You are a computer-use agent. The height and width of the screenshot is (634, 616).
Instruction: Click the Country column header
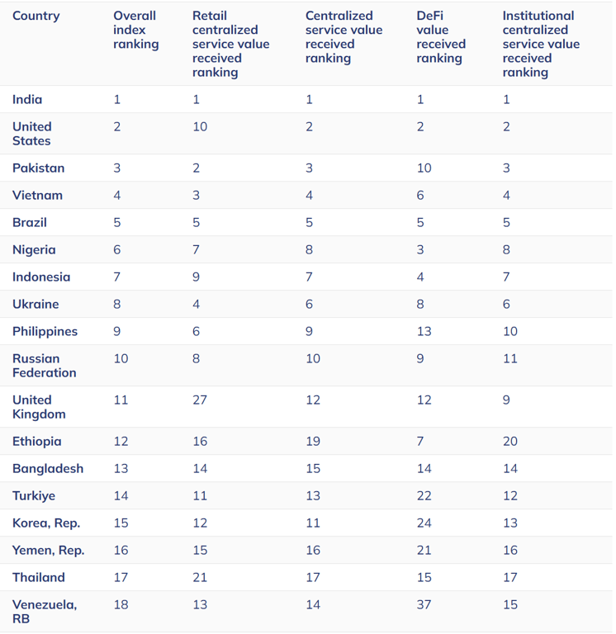[36, 16]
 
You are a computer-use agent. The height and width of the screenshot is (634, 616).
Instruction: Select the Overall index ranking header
[135, 30]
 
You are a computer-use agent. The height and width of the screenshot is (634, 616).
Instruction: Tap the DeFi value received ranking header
[441, 37]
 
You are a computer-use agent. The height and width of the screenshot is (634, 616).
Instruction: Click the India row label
[27, 99]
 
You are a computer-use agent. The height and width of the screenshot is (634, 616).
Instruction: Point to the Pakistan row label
[38, 168]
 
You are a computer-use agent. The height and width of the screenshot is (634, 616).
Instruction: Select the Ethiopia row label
[36, 441]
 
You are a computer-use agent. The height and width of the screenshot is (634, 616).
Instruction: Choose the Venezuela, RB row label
[44, 611]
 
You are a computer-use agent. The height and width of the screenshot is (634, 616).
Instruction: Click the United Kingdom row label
[38, 406]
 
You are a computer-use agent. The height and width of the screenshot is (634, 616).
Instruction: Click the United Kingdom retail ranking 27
[200, 400]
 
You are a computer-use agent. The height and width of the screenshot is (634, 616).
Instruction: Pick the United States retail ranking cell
[200, 126]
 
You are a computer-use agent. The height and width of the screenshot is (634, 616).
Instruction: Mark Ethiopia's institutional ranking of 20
[510, 441]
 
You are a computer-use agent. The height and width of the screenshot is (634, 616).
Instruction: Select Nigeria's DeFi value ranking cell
[420, 249]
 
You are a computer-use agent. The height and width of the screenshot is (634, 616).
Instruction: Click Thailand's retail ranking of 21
[200, 577]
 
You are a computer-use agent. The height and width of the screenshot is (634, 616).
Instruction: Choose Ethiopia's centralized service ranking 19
[313, 441]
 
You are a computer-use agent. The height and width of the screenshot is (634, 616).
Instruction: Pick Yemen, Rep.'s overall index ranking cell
[121, 550]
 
